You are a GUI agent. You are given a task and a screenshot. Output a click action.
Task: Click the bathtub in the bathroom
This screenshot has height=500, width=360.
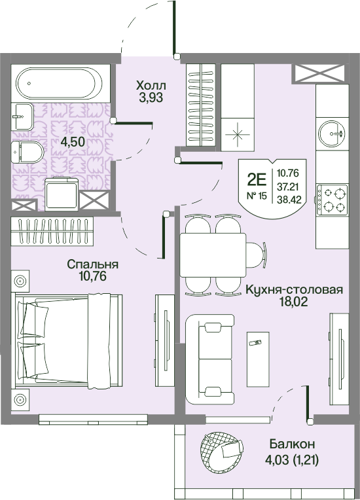[60, 83]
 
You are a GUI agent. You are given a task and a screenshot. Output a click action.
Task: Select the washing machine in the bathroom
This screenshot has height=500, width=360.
[62, 194]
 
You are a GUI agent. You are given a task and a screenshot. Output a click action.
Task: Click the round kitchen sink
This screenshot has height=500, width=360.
[332, 134]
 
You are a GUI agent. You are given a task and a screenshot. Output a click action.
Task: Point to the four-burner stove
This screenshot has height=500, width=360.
[332, 200]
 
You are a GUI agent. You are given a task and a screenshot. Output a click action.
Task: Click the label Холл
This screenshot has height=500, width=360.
[151, 86]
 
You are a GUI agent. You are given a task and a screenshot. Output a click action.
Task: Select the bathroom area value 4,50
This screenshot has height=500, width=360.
[73, 141]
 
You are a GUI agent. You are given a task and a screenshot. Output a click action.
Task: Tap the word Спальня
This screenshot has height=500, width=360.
[93, 264]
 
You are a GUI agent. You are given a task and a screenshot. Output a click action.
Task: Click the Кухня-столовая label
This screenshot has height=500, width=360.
[294, 290]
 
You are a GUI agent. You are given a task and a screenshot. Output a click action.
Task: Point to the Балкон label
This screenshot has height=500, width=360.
[292, 444]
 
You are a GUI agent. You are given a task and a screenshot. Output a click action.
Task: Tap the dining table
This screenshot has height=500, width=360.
[213, 255]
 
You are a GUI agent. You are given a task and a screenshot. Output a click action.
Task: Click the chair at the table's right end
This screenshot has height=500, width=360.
[257, 255]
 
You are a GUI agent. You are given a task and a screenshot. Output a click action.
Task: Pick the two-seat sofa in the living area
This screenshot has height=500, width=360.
[210, 359]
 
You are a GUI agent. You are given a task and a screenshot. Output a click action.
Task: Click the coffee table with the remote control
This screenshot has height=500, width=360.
[258, 359]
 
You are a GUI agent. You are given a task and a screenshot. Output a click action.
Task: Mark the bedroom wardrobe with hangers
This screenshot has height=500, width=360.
[52, 231]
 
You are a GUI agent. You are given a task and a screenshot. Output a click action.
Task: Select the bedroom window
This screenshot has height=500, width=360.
[93, 420]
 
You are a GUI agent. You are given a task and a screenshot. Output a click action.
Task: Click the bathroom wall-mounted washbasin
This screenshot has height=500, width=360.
[22, 116]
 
